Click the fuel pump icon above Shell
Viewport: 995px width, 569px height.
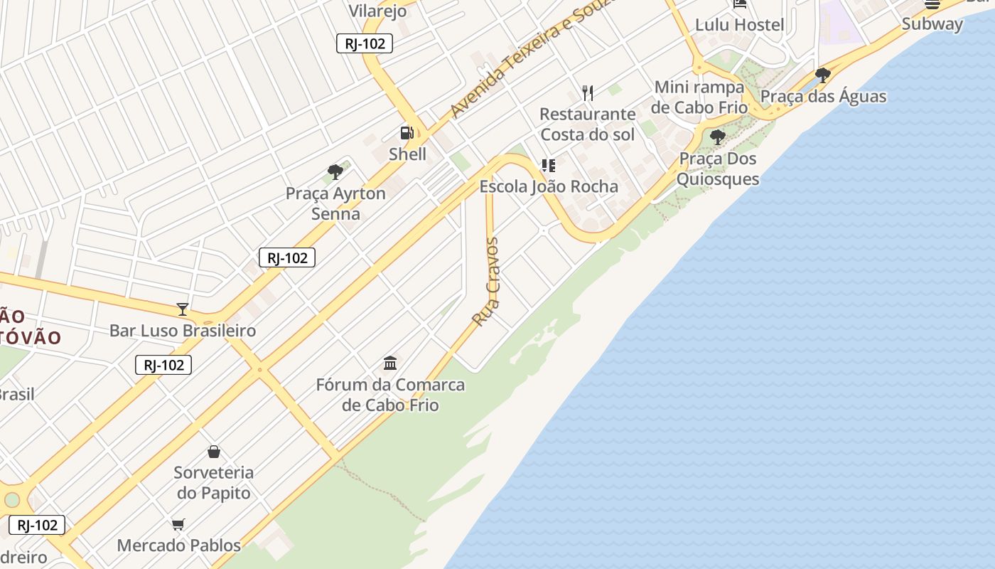pyautogui.click(x=407, y=132)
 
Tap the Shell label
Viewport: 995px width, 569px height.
pyautogui.click(x=407, y=154)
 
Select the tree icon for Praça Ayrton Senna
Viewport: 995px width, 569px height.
pyautogui.click(x=335, y=171)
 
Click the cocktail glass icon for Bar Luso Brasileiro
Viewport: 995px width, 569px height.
pyautogui.click(x=183, y=309)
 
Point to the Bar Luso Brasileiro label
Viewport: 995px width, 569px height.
pyautogui.click(x=183, y=331)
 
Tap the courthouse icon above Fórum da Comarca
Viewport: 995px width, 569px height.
pyautogui.click(x=390, y=363)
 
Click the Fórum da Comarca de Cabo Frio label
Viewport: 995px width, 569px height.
pyautogui.click(x=390, y=395)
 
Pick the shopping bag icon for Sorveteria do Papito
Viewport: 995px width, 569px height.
pyautogui.click(x=214, y=451)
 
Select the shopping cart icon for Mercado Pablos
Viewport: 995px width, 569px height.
pyautogui.click(x=178, y=524)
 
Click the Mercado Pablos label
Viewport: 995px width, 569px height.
pyautogui.click(x=179, y=546)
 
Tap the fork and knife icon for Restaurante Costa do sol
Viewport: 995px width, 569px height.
pyautogui.click(x=588, y=92)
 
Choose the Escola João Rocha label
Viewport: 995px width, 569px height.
pyautogui.click(x=549, y=187)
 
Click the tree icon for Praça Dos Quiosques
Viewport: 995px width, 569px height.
pyautogui.click(x=718, y=137)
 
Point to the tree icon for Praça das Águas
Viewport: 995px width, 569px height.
pyautogui.click(x=823, y=75)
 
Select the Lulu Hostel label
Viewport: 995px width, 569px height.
pyautogui.click(x=740, y=25)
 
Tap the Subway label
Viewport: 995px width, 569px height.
pyautogui.click(x=932, y=23)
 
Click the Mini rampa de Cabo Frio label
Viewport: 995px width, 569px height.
pyautogui.click(x=699, y=97)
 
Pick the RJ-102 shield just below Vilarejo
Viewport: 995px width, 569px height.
pyautogui.click(x=365, y=43)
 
